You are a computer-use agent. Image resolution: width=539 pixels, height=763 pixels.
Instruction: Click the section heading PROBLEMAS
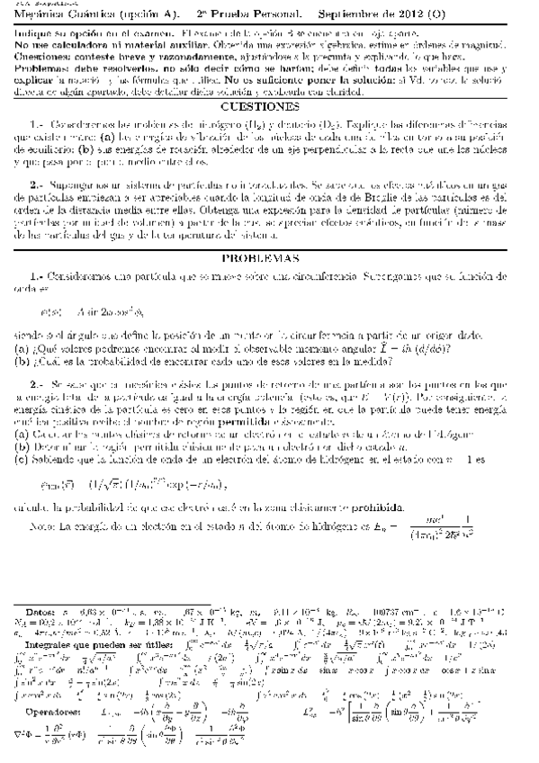(x=269, y=258)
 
